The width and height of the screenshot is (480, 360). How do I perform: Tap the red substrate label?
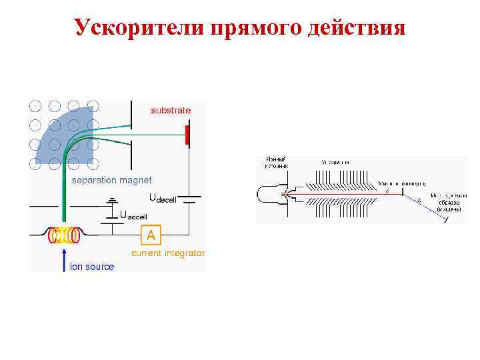tap(170, 110)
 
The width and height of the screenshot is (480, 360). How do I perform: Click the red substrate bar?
tap(187, 134)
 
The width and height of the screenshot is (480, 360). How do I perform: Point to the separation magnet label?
tap(111, 180)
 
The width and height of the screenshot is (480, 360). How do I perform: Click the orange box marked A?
tap(151, 235)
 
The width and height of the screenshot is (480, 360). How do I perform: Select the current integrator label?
tap(168, 253)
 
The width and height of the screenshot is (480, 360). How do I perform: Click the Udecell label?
tap(162, 199)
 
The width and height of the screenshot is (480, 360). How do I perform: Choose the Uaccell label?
tap(133, 215)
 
